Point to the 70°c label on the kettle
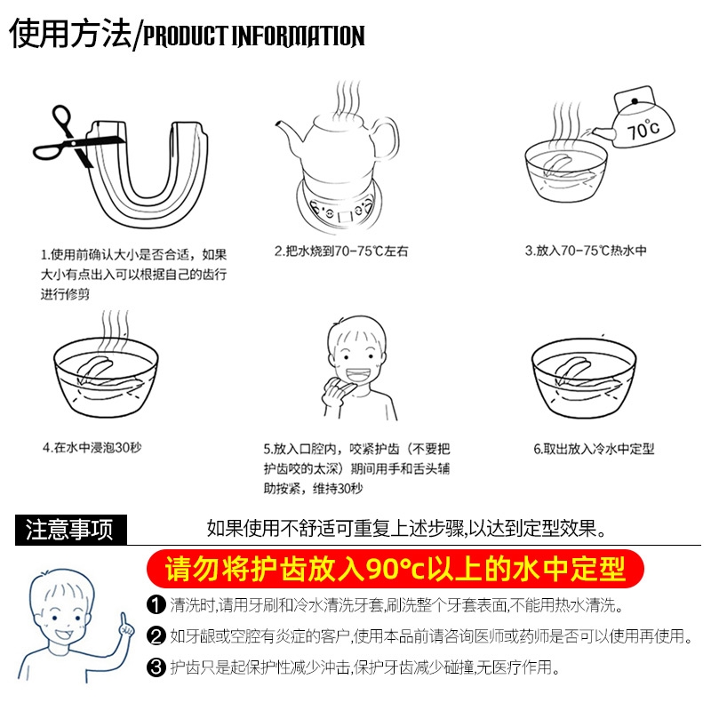(643, 129)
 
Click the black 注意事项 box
(71, 529)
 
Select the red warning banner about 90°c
(395, 569)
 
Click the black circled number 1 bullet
(156, 605)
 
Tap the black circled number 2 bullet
(156, 635)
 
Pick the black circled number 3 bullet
(156, 667)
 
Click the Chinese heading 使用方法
(70, 33)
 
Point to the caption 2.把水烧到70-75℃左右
(341, 251)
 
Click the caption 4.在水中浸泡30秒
(92, 448)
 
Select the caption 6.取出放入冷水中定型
(594, 449)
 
